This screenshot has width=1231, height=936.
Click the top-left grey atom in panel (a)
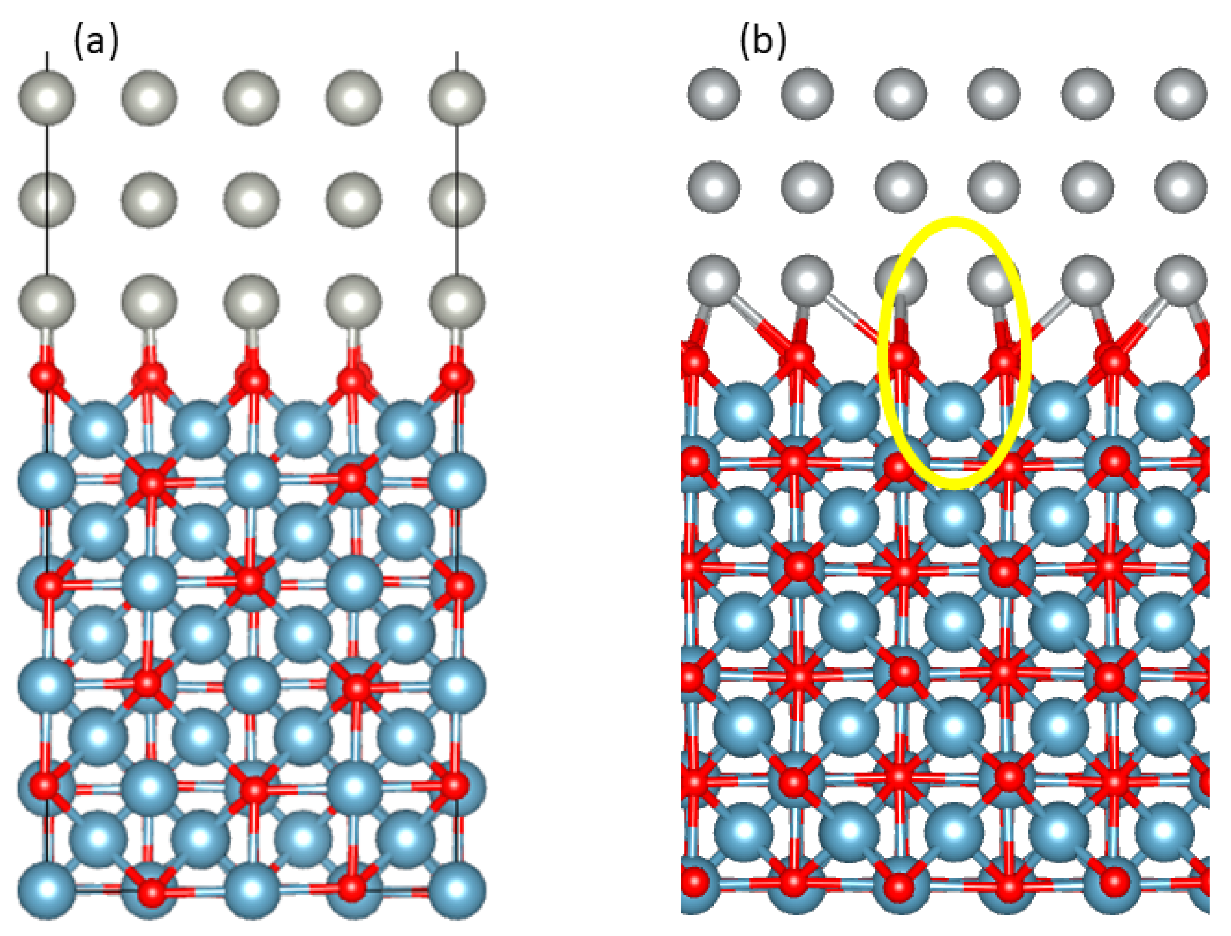click(x=47, y=98)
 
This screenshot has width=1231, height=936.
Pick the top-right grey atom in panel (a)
click(x=457, y=98)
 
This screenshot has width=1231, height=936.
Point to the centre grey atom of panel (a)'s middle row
click(x=252, y=200)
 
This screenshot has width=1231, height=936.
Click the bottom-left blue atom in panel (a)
click(x=47, y=890)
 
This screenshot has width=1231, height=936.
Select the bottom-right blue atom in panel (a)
click(x=457, y=890)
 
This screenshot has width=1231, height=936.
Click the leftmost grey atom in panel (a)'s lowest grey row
click(x=47, y=302)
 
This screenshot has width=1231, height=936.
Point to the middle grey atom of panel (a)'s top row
click(x=252, y=98)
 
